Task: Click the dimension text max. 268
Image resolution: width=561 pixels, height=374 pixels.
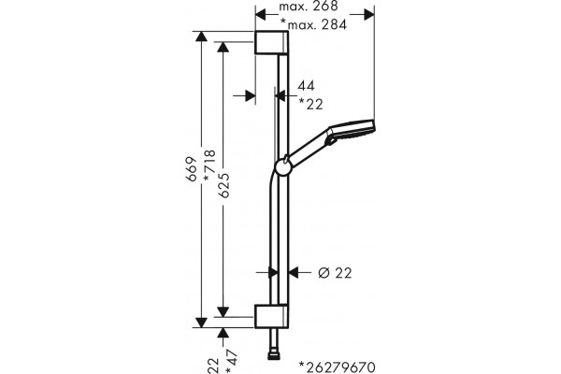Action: pyautogui.click(x=308, y=7)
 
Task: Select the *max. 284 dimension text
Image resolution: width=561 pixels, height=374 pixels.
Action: pyautogui.click(x=314, y=24)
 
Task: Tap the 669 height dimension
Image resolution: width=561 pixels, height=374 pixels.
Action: pyautogui.click(x=193, y=169)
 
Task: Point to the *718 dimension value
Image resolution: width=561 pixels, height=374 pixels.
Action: pyautogui.click(x=209, y=165)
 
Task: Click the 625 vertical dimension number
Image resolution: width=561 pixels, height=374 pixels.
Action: pyautogui.click(x=223, y=185)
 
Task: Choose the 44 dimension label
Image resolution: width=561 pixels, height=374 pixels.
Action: pyautogui.click(x=306, y=86)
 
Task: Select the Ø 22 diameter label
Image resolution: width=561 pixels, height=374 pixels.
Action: pyautogui.click(x=335, y=273)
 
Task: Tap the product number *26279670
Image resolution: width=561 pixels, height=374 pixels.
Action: pyautogui.click(x=338, y=367)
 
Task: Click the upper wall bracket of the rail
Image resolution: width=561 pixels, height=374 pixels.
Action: pyautogui.click(x=271, y=43)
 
